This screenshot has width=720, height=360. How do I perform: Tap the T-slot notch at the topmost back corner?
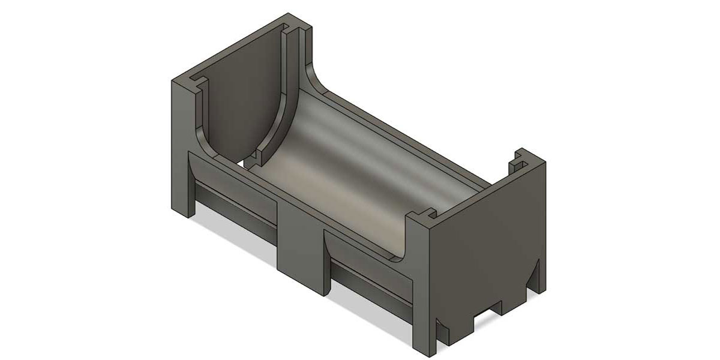293,28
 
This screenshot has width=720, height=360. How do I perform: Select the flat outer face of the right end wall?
486,240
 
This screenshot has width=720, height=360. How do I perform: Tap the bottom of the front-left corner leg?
182,207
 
